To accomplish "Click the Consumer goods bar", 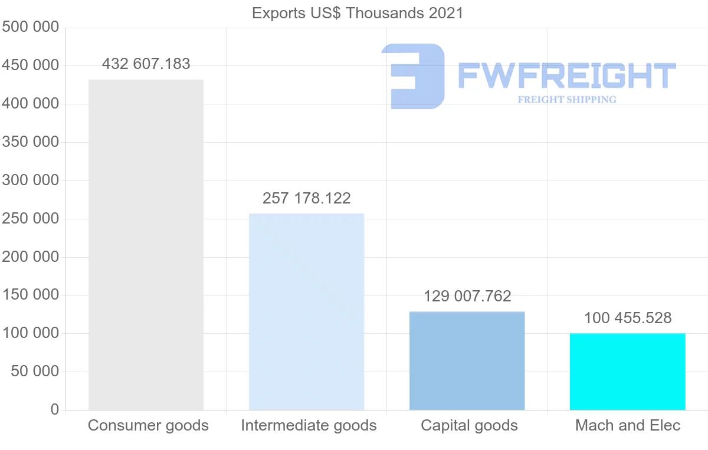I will point(146,245).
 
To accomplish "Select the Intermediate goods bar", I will point(306,311).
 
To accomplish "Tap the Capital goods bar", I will point(467,360).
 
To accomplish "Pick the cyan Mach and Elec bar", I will point(627,372).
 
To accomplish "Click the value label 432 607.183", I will point(146,64).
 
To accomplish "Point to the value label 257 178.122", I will point(307,198).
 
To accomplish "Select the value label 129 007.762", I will point(467,296).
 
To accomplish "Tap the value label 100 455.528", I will point(628,318).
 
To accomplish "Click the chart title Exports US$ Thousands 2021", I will point(358,13).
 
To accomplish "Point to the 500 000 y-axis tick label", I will point(31,27).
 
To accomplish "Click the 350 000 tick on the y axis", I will point(31,142).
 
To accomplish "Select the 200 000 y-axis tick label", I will point(31,257).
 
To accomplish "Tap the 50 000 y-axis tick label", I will point(35,372).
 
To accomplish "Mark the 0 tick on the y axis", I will point(54,410).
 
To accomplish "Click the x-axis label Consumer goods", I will point(148,425).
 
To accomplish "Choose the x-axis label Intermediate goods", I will point(309,425).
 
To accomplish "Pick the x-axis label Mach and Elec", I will point(628,425).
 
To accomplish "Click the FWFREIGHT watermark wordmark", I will point(566,75).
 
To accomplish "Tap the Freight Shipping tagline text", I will point(567,100).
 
